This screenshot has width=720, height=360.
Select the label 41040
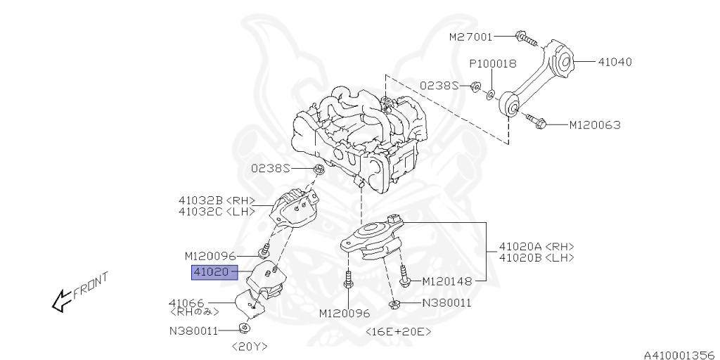[x=615, y=62]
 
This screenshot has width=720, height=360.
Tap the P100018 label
[x=493, y=63]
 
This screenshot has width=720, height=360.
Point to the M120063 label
[x=594, y=125]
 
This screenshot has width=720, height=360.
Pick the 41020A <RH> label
[x=536, y=247]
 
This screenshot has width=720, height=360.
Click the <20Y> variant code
[x=250, y=346]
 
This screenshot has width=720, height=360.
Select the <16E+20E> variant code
[x=398, y=331]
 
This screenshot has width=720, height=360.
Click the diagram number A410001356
[x=678, y=354]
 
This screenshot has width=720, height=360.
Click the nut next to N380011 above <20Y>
[x=244, y=328]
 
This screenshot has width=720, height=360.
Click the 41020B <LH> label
[x=536, y=258]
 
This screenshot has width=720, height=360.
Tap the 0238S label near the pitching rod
[x=439, y=86]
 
